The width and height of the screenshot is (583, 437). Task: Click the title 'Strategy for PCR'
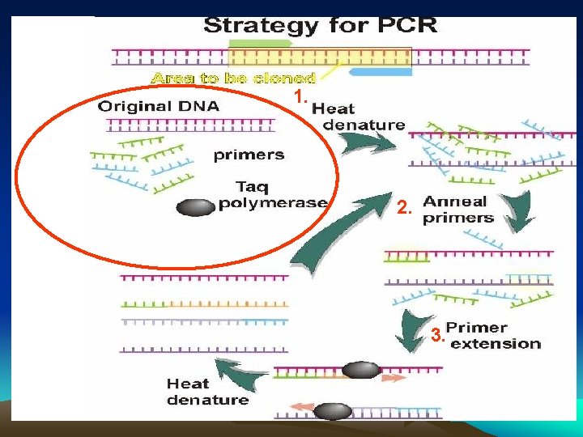(x=321, y=24)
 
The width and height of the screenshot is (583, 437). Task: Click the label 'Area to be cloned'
(x=233, y=78)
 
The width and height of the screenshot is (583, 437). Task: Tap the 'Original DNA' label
(x=159, y=106)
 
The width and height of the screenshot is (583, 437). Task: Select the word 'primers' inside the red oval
(x=249, y=155)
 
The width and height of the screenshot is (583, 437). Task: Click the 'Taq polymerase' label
(x=272, y=194)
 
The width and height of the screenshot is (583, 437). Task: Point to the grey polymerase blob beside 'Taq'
(x=195, y=207)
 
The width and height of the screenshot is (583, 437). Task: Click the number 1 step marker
(x=300, y=97)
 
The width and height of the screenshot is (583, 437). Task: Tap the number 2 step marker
(x=405, y=209)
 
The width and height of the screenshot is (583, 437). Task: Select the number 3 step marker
(x=436, y=335)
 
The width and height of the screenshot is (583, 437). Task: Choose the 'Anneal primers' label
(x=457, y=210)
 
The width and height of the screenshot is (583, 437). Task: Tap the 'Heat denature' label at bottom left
(x=207, y=392)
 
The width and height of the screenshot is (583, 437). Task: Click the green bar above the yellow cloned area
(x=259, y=41)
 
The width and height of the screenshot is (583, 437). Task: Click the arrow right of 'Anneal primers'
(x=518, y=212)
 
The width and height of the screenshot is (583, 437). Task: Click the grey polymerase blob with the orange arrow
(x=361, y=371)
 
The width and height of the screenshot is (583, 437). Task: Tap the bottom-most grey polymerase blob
(x=333, y=411)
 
